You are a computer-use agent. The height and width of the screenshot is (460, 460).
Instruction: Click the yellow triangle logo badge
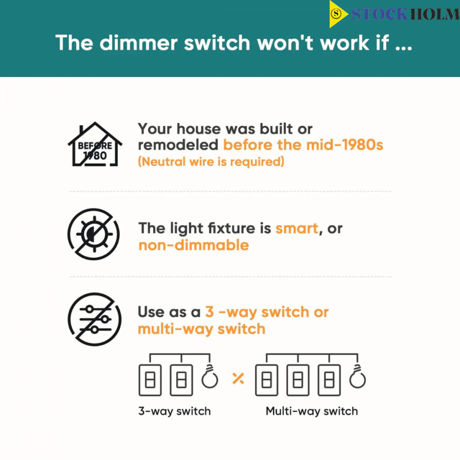337,14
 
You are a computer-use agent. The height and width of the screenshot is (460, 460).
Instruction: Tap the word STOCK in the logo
380,14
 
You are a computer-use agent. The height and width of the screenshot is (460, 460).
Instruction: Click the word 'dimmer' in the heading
139,43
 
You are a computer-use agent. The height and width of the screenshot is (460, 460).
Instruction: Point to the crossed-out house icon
95,144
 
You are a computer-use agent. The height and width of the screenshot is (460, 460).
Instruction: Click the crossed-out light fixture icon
94,234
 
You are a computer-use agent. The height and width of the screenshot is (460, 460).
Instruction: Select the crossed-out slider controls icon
95,319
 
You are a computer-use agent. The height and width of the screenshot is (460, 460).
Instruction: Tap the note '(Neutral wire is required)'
211,162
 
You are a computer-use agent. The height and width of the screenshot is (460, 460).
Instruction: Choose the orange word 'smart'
297,228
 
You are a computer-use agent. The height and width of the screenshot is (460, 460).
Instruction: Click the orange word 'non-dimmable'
194,245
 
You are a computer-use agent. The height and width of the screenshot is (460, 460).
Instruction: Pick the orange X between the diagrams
238,378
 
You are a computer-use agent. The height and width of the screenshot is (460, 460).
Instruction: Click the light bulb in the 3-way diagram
210,377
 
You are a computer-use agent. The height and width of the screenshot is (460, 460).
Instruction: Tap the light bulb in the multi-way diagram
358,377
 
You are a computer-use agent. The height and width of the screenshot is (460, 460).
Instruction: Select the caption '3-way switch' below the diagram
175,411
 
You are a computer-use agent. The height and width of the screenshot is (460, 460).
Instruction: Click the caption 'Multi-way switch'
312,411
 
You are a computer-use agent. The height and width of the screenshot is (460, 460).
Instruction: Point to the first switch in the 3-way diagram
150,380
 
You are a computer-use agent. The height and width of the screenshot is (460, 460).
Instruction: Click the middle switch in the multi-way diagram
298,380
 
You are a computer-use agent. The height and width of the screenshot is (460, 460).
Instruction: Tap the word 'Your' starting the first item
155,129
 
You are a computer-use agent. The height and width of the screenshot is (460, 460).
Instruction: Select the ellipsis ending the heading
404,48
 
